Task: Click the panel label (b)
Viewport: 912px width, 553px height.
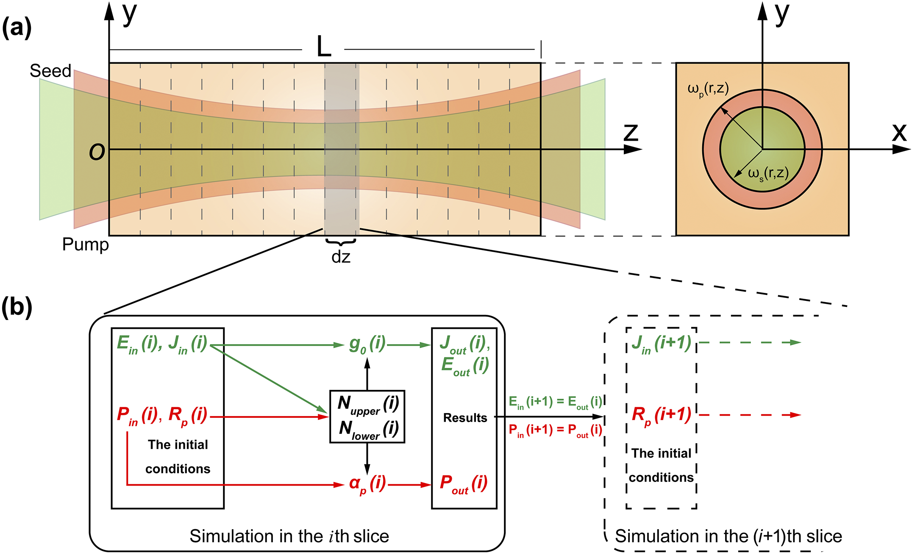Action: (17, 307)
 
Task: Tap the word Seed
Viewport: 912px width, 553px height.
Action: (50, 71)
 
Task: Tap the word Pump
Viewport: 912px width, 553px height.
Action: (85, 245)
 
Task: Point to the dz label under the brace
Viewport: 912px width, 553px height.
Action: (341, 257)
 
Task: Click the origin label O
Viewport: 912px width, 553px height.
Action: (97, 152)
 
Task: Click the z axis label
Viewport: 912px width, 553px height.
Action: (631, 133)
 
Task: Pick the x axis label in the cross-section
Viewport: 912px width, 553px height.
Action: (899, 133)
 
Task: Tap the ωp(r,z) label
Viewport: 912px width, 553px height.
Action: (708, 89)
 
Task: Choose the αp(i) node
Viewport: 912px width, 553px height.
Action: (367, 484)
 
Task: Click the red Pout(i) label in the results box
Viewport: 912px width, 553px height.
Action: (463, 483)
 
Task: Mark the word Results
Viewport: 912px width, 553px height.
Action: (465, 418)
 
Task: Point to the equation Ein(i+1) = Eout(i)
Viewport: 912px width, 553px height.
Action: (555, 402)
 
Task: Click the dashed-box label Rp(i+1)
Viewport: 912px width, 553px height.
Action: (661, 414)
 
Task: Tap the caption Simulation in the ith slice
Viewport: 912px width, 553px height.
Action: (289, 536)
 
